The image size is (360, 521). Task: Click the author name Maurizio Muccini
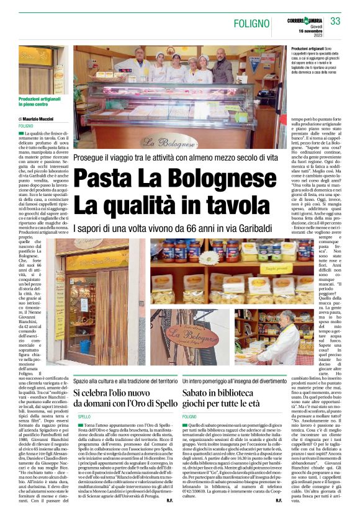(38, 118)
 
